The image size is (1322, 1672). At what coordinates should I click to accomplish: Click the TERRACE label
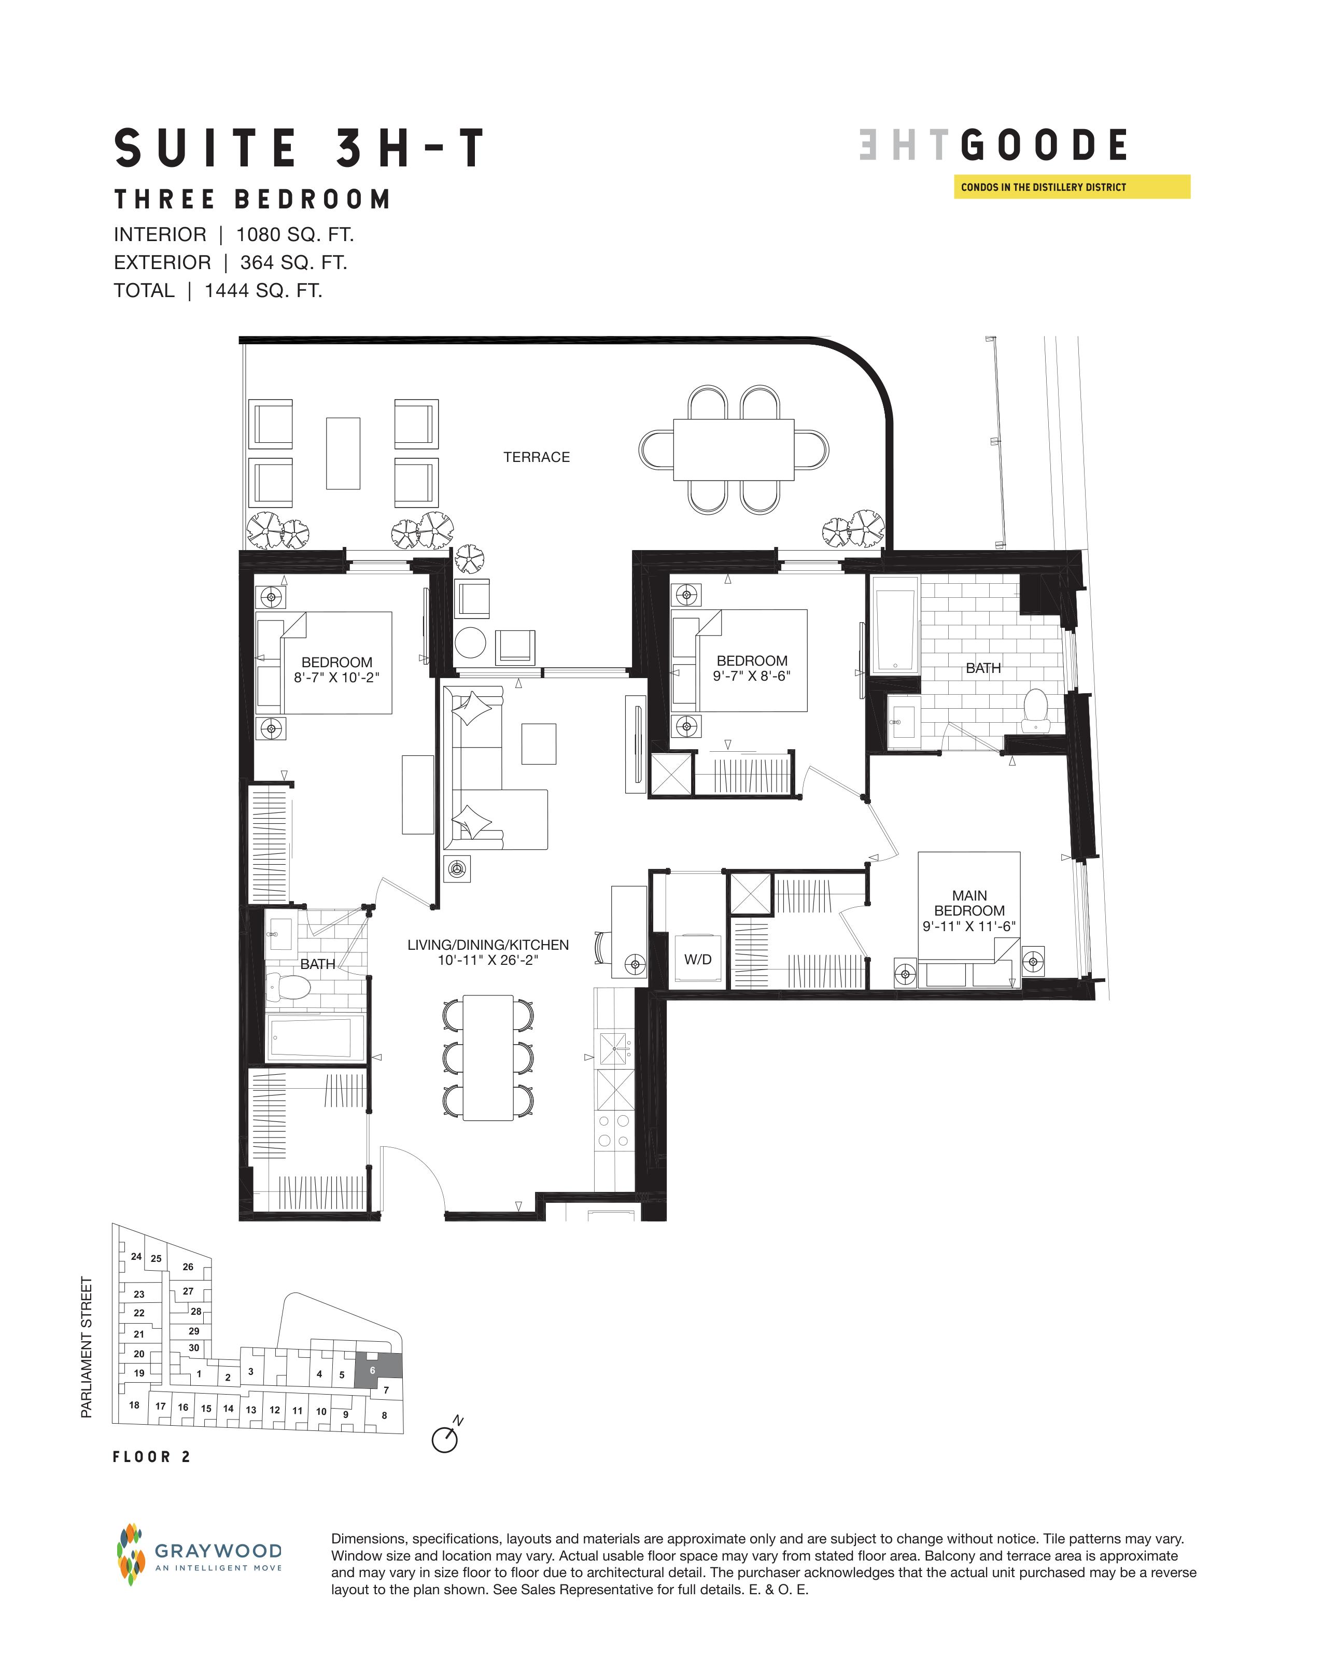click(x=537, y=457)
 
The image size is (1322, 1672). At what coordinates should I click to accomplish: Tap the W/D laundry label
click(x=697, y=960)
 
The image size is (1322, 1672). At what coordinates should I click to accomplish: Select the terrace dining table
click(x=734, y=449)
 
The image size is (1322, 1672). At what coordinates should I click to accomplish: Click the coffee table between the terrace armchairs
click(x=343, y=454)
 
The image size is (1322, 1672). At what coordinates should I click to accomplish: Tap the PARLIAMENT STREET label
click(x=87, y=1347)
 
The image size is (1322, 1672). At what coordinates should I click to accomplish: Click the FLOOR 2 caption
click(x=152, y=1457)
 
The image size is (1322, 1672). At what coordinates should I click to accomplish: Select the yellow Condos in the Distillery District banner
click(x=1072, y=187)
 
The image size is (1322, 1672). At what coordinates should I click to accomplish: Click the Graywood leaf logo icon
click(x=131, y=1554)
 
